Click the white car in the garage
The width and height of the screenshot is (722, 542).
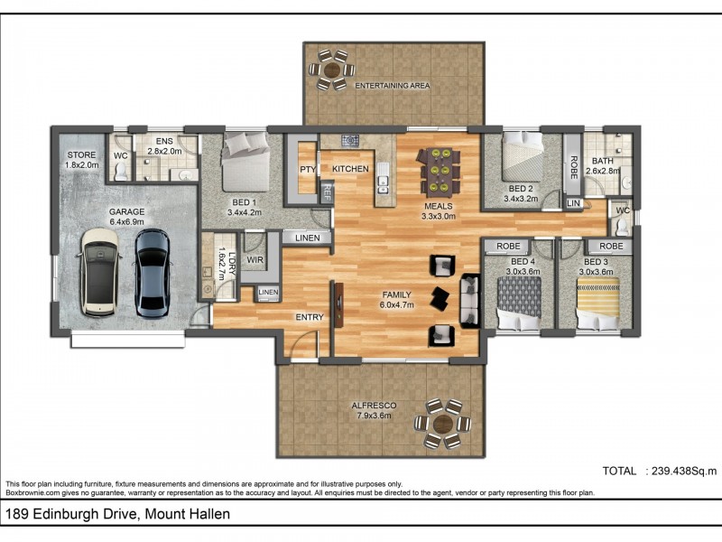[100, 273]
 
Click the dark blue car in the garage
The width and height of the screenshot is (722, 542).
[153, 274]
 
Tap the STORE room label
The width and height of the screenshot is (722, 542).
[81, 154]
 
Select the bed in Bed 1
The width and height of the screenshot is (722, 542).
[245, 162]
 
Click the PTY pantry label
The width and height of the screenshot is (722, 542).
[308, 169]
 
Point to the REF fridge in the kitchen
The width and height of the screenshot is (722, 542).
[327, 192]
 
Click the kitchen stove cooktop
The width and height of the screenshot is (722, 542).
[350, 140]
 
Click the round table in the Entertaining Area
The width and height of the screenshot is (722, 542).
[331, 70]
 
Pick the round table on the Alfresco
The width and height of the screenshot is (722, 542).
[442, 424]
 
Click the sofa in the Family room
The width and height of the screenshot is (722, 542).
[470, 301]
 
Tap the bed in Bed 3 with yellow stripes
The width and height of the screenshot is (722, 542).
[597, 304]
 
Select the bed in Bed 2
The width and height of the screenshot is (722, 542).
[523, 156]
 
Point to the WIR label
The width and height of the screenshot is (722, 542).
[255, 260]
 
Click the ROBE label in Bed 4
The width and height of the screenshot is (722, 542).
[508, 246]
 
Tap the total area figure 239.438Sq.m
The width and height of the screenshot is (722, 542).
[684, 471]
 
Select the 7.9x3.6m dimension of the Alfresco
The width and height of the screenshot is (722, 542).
[374, 416]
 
